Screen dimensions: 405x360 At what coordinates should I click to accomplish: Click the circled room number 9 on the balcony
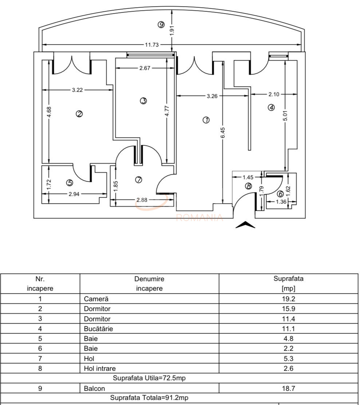coord(161,25)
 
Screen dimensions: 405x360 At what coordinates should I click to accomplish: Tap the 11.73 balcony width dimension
coord(152,45)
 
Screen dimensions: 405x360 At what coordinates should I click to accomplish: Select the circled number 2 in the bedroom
coord(79,114)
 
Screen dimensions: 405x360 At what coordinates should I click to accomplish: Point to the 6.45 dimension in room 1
coord(223,132)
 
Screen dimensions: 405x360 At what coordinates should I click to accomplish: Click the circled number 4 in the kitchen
coord(271,107)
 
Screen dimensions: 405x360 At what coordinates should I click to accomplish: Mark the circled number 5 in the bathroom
coord(70,182)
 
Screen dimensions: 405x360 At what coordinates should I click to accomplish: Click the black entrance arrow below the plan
coord(245,225)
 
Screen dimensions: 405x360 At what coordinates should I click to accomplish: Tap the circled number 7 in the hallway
coord(138,180)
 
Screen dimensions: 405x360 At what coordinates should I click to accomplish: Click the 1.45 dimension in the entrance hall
coord(248,177)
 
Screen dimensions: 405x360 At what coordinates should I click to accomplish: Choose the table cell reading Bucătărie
coord(98,329)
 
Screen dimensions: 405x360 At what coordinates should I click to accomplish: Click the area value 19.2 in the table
coord(288,299)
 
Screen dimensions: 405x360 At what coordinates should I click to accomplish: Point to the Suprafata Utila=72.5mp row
coord(149,378)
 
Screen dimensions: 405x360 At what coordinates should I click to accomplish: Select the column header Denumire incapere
coord(149,284)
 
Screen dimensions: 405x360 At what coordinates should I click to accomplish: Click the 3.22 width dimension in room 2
coord(77,90)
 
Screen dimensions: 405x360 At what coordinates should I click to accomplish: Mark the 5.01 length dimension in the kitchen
coord(285,116)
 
